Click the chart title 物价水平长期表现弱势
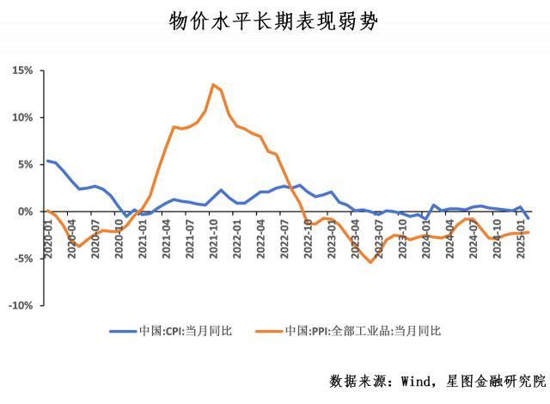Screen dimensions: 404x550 point(274,21)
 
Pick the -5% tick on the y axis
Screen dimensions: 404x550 point(23,258)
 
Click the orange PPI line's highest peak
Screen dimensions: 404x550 point(213,84)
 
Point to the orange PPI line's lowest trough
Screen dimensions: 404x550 point(370,262)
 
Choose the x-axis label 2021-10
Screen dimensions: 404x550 point(213,235)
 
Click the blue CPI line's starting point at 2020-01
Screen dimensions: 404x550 point(47,161)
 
